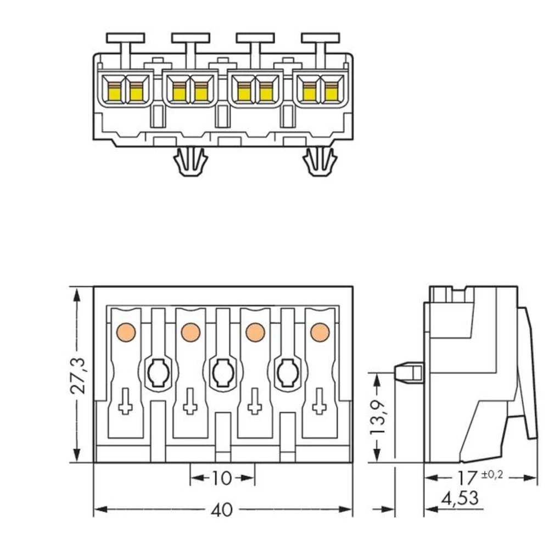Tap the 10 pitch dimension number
[x=222, y=478]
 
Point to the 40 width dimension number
[x=222, y=510]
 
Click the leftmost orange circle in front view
[x=125, y=332]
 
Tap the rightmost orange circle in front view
[x=320, y=332]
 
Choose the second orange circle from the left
[x=190, y=332]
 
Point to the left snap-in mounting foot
[x=189, y=162]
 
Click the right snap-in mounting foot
[x=320, y=162]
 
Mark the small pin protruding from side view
[x=409, y=373]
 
